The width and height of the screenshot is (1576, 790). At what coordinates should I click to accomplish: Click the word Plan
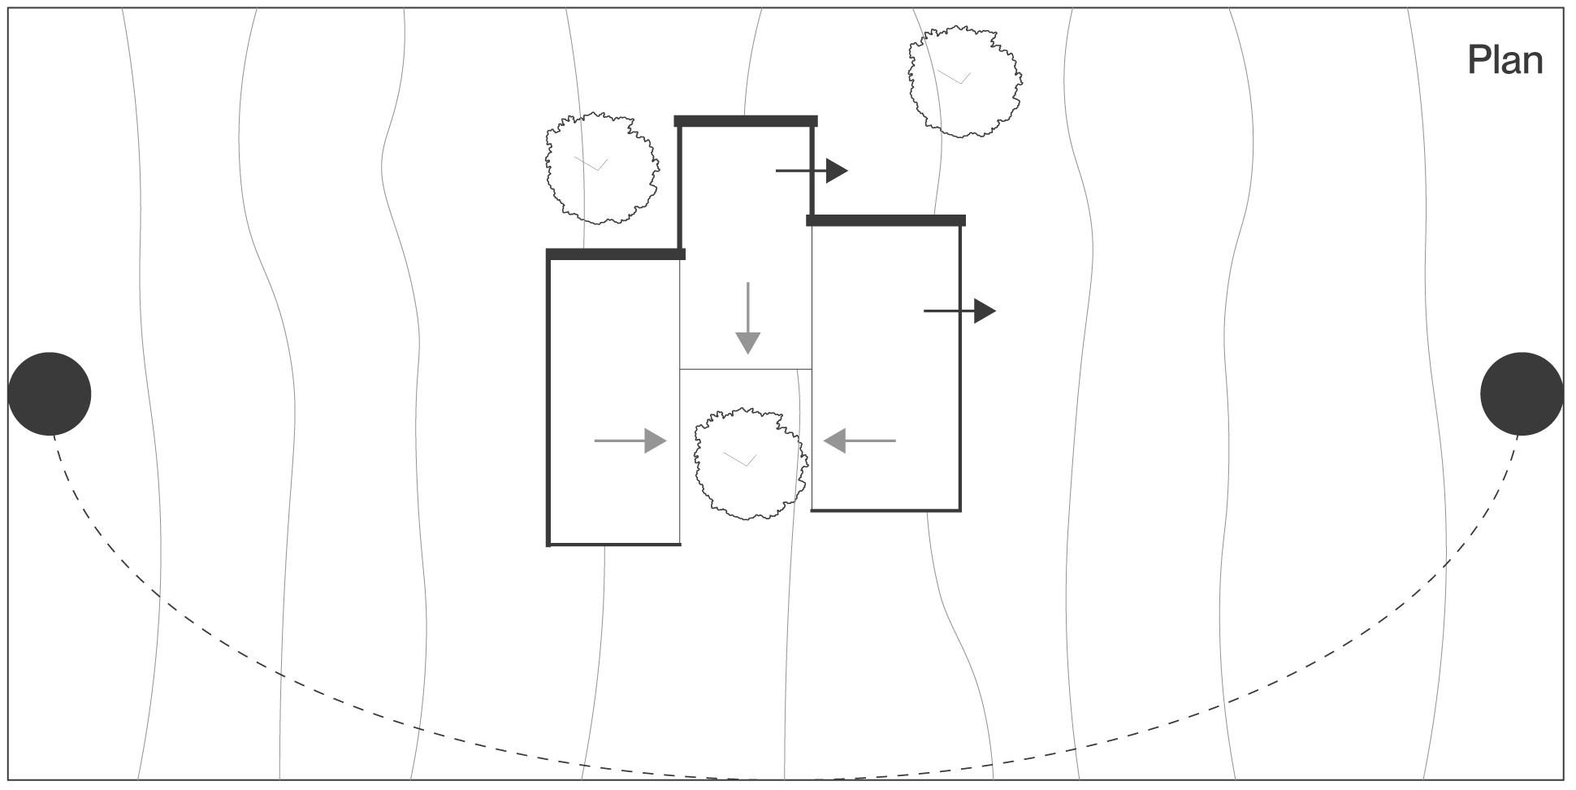(1505, 61)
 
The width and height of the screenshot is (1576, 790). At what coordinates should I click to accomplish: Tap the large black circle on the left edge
(50, 394)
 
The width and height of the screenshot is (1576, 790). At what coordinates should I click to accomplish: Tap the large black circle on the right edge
(1522, 394)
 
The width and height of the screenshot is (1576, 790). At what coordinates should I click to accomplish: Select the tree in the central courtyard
(750, 463)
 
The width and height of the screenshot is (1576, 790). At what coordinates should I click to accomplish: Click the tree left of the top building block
(601, 167)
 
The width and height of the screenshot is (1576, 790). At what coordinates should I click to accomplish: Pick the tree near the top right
(964, 81)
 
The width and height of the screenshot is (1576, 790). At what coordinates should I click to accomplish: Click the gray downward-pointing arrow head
(747, 343)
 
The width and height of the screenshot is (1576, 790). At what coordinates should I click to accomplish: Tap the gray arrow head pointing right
(655, 441)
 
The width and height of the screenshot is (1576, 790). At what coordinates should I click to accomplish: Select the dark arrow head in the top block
(837, 171)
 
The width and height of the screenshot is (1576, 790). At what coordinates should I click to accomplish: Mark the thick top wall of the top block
(746, 121)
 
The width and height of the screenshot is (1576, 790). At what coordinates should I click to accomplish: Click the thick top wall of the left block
(616, 254)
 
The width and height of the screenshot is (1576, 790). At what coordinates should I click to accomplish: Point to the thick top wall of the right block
(885, 220)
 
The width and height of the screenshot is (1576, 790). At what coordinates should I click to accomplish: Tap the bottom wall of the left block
(614, 544)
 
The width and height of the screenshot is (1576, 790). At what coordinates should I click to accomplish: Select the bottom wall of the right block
(885, 510)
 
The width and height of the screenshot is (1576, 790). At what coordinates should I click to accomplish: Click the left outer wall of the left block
(548, 398)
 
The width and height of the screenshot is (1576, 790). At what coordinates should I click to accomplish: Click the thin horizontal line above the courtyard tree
(745, 369)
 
